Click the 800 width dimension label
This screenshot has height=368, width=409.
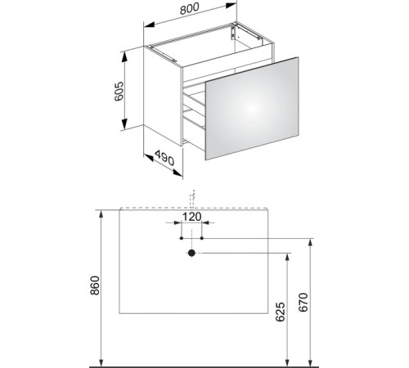pyautogui.click(x=190, y=8)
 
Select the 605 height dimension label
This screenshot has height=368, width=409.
pyautogui.click(x=119, y=92)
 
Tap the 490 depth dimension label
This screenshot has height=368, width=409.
pyautogui.click(x=164, y=158)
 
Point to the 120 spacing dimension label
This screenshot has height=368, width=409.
pyautogui.click(x=191, y=217)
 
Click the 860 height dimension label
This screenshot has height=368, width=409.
pyautogui.click(x=95, y=285)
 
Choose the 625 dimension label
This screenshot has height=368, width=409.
pyautogui.click(x=281, y=312)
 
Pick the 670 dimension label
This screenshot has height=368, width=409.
pyautogui.click(x=303, y=302)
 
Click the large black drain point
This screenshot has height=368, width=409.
pyautogui.click(x=191, y=253)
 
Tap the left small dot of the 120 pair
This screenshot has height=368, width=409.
pyautogui.click(x=182, y=238)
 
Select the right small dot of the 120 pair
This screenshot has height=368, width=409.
pyautogui.click(x=202, y=238)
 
